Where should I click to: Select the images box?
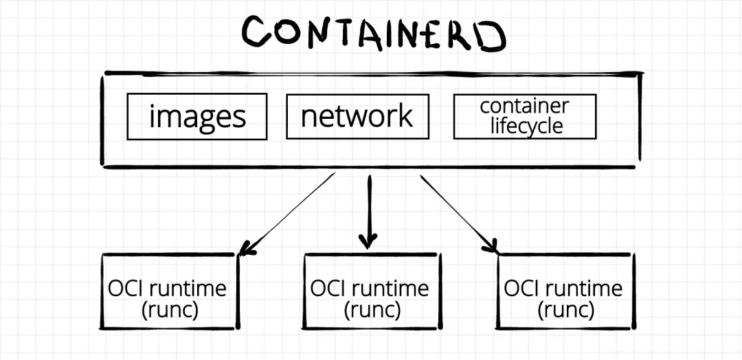197,117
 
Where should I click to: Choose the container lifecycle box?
525,117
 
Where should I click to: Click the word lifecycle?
526,127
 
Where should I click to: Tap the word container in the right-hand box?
524,106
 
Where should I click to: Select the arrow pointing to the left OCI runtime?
289,213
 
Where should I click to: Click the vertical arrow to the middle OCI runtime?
369,206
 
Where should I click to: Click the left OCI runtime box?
170,291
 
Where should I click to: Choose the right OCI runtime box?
565,291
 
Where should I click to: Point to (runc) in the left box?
169,310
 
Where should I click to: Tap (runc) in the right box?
564,310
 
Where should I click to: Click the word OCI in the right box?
521,288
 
